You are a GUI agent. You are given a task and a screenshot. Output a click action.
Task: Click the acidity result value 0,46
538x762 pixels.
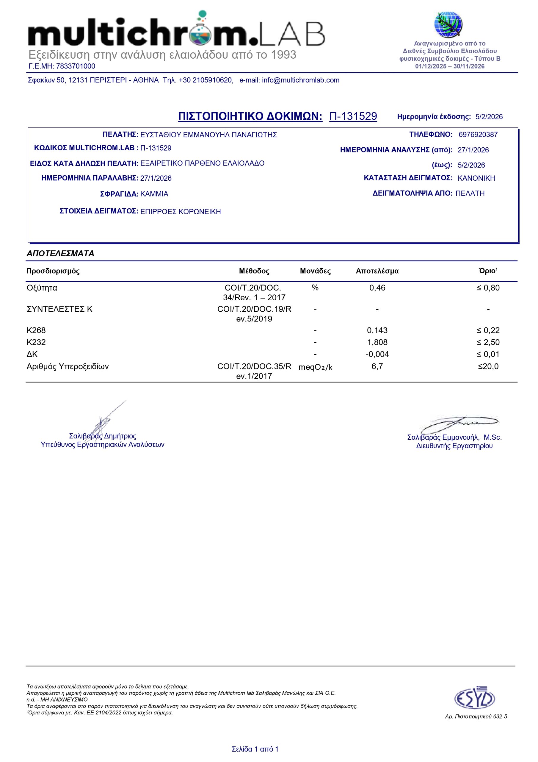pyautogui.click(x=377, y=288)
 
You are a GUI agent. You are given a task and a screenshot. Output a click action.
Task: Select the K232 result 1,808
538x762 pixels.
pyautogui.click(x=377, y=342)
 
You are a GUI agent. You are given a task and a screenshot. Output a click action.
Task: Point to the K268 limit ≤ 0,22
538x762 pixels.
pyautogui.click(x=488, y=330)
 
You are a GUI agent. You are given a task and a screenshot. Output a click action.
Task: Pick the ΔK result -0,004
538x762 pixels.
pyautogui.click(x=377, y=354)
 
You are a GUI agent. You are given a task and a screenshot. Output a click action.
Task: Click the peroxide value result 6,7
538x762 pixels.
pyautogui.click(x=377, y=366)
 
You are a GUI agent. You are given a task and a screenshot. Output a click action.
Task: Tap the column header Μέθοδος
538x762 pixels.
pyautogui.click(x=254, y=271)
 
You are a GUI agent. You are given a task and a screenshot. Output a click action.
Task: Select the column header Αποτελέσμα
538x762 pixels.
pyautogui.click(x=377, y=271)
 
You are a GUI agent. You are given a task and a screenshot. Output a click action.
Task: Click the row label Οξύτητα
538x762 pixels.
pyautogui.click(x=42, y=288)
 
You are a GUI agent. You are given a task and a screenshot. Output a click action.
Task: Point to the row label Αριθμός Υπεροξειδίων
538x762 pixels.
pyautogui.click(x=68, y=366)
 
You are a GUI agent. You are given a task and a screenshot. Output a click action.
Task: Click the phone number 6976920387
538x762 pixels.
pyautogui.click(x=478, y=135)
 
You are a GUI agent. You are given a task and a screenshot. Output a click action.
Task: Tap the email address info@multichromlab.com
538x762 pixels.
pyautogui.click(x=300, y=80)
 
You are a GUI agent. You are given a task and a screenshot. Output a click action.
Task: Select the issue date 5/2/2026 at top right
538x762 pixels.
pyautogui.click(x=489, y=117)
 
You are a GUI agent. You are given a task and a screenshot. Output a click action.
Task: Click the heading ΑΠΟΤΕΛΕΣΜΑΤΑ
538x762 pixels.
pyautogui.click(x=60, y=254)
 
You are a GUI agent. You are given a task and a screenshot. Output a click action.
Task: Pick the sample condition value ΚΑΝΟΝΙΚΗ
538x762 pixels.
pyautogui.click(x=476, y=178)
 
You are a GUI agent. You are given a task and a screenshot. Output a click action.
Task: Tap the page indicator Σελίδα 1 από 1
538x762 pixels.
pyautogui.click(x=255, y=749)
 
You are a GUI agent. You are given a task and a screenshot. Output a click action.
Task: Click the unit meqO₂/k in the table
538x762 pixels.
pyautogui.click(x=315, y=367)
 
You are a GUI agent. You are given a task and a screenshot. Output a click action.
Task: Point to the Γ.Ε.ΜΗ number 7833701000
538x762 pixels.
pyautogui.click(x=76, y=66)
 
